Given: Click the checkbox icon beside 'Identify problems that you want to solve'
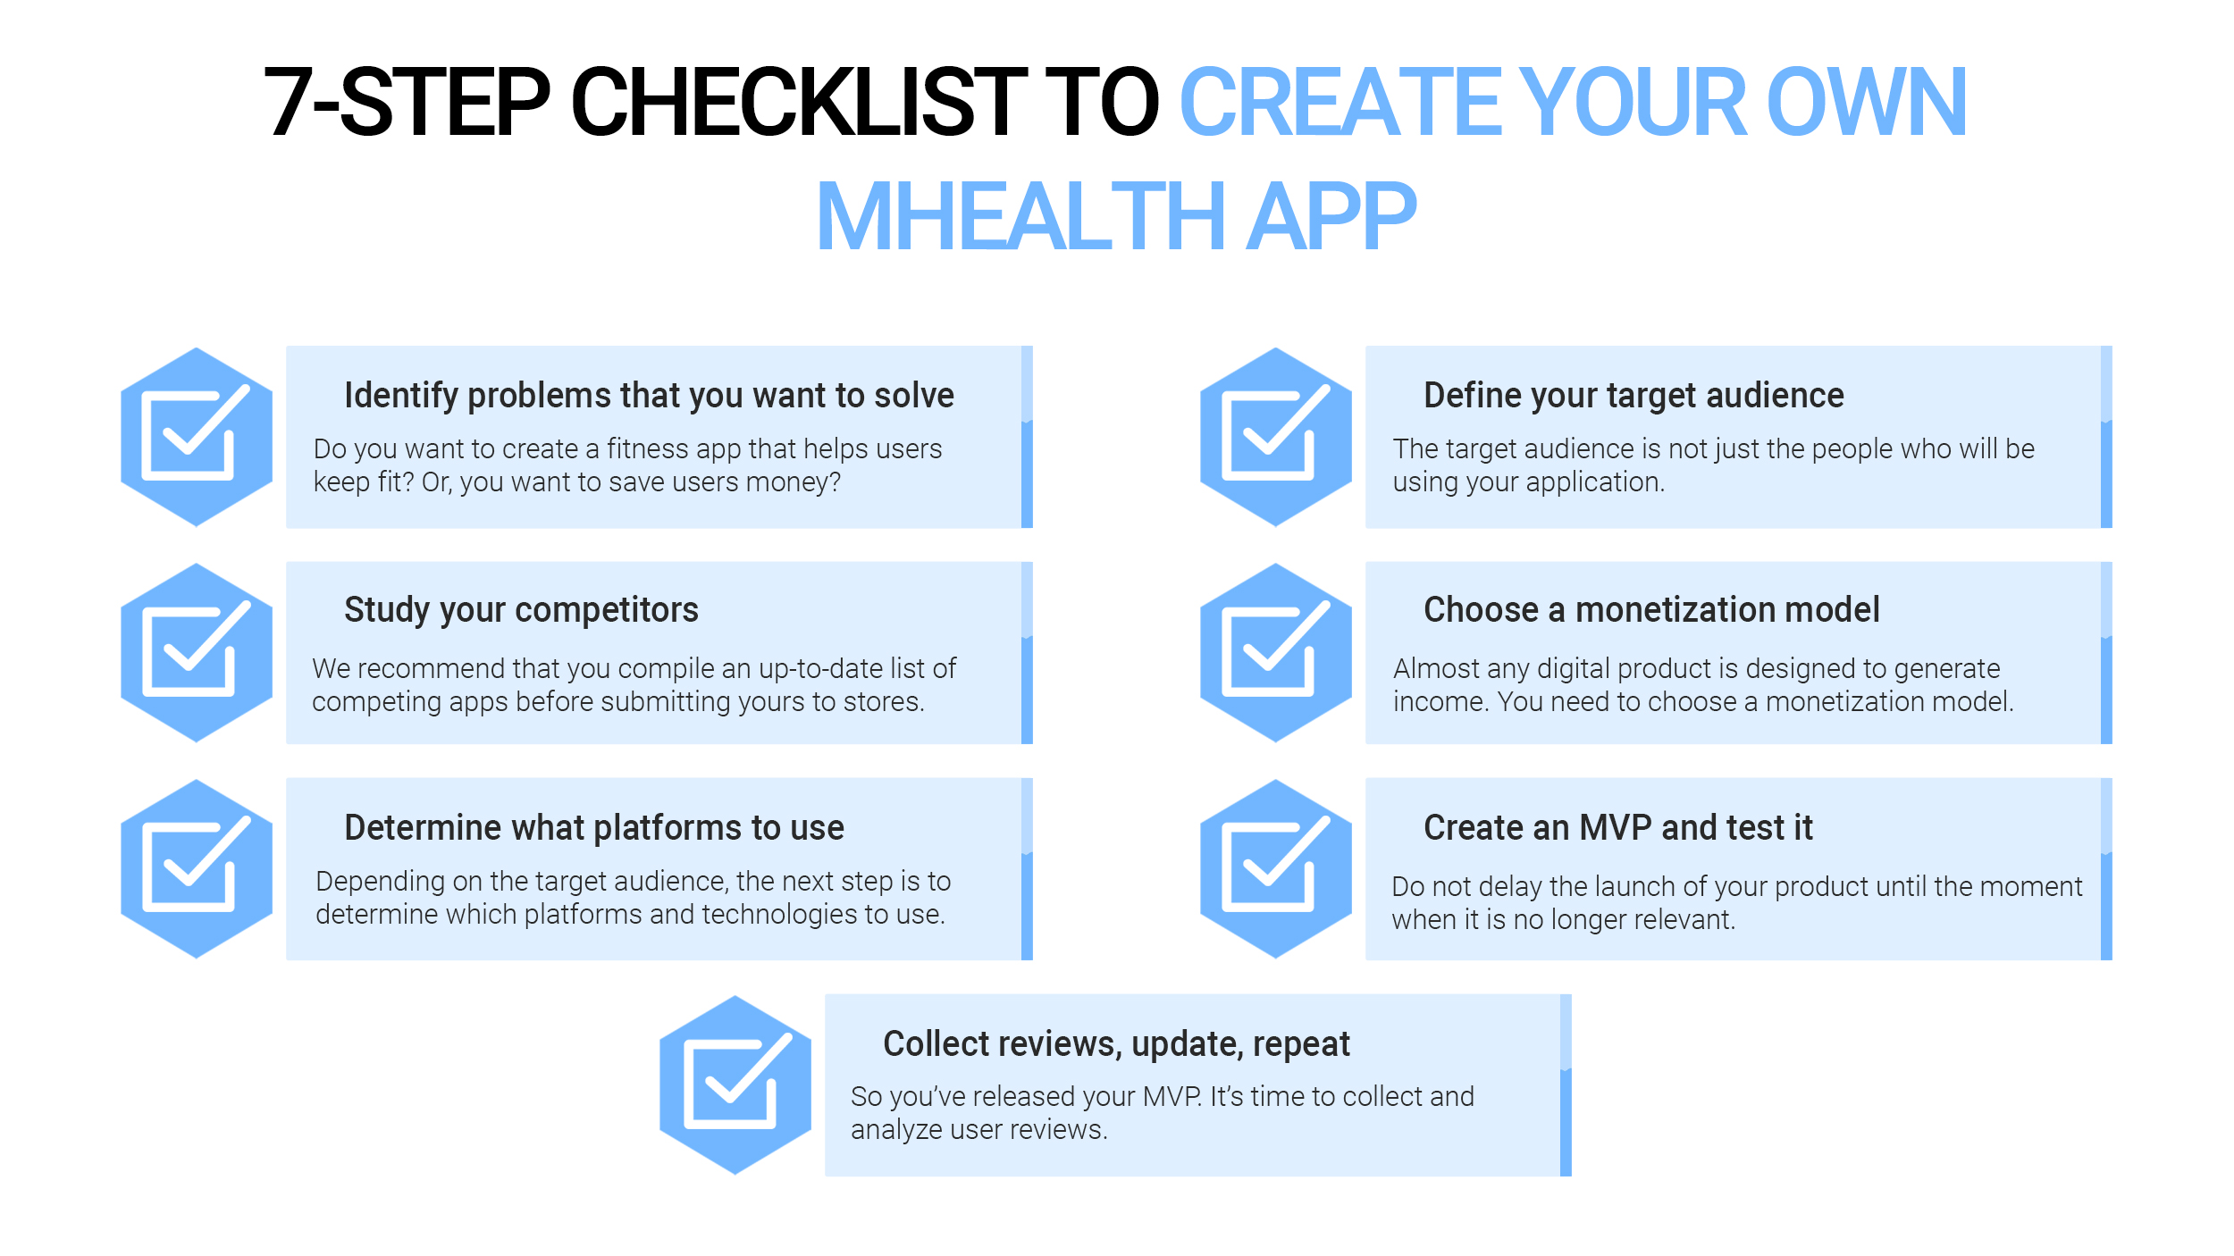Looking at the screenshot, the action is [197, 436].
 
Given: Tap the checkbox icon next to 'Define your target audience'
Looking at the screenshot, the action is [1276, 436].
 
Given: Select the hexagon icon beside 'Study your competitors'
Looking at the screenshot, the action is [197, 652].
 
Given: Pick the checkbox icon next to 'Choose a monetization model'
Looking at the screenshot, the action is [1276, 652].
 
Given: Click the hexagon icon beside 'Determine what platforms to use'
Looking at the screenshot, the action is [197, 868].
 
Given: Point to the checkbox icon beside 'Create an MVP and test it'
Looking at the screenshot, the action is [1276, 868].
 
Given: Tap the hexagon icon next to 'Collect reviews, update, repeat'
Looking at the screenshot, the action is [735, 1084].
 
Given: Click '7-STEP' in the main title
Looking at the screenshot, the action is [407, 102].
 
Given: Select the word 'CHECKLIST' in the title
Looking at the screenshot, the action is [800, 102].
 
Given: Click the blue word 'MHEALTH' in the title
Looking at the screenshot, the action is [1021, 216].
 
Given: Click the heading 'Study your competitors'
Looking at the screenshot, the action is [521, 610].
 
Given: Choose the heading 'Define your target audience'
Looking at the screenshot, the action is [1634, 395].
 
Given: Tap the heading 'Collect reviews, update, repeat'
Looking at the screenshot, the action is [1116, 1044].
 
